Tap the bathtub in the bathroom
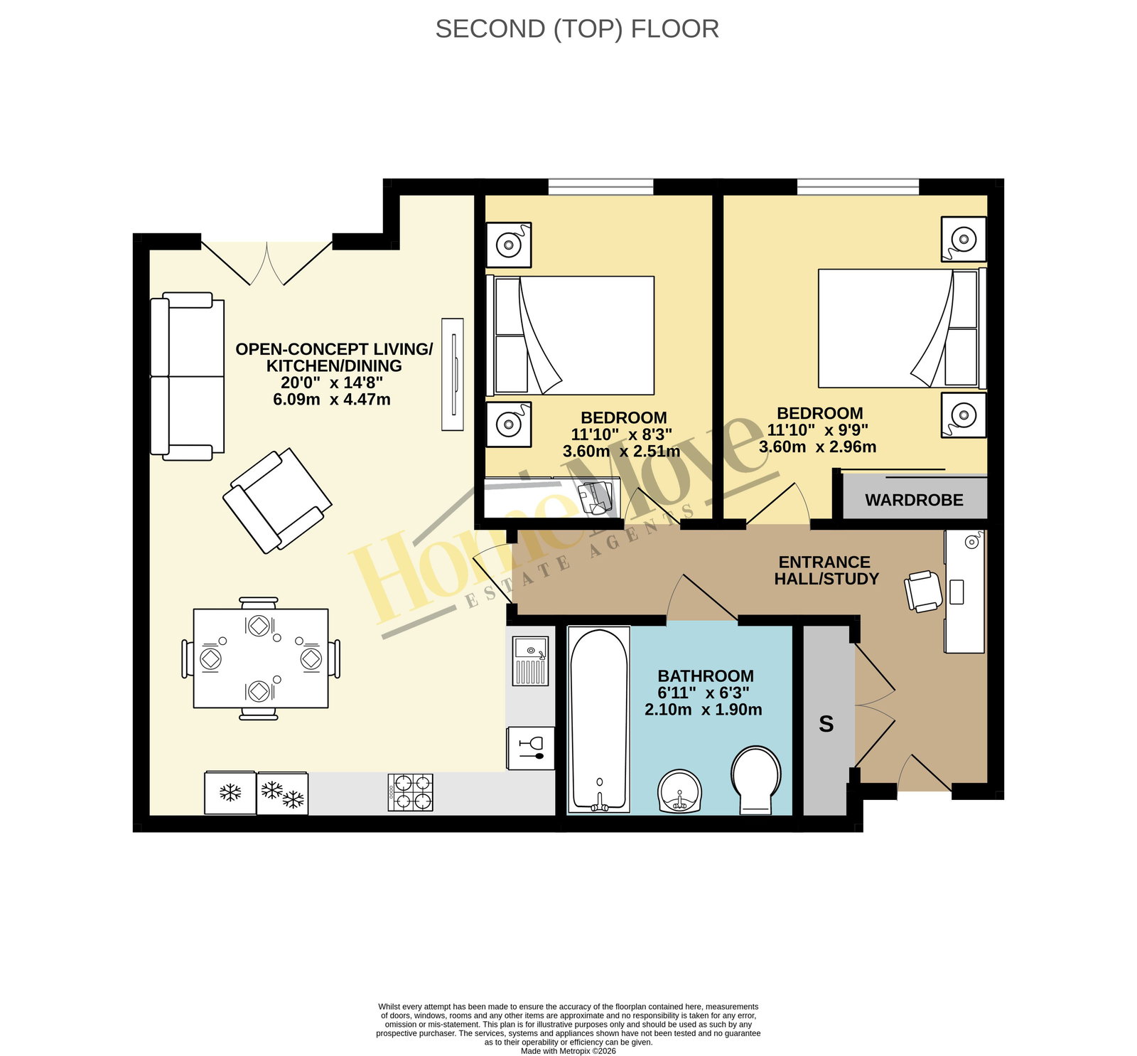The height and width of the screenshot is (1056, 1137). [x=599, y=719]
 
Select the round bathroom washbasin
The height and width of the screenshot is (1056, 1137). [x=680, y=791]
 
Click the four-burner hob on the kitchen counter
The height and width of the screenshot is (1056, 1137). [x=410, y=792]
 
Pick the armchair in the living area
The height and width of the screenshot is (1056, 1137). [x=277, y=501]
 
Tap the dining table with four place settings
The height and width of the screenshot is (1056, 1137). [x=261, y=658]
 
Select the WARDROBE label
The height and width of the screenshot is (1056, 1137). [x=914, y=500]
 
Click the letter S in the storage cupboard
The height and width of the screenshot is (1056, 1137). [x=826, y=724]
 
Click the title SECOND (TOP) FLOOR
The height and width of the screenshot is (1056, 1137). [x=577, y=29]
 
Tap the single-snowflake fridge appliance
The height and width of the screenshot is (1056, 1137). [x=230, y=792]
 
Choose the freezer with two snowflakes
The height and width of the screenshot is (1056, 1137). [x=282, y=793]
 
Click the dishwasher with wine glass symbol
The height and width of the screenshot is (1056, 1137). [x=530, y=748]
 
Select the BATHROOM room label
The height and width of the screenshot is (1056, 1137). [x=705, y=676]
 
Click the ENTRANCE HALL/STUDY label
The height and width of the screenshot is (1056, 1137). [x=826, y=570]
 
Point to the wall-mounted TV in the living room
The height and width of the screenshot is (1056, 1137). [x=453, y=374]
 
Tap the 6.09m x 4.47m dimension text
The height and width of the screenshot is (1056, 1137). [x=332, y=400]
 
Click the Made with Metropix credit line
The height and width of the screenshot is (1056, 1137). [x=568, y=1051]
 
